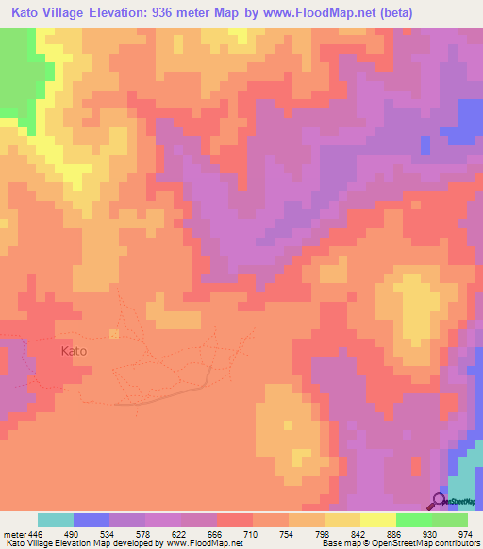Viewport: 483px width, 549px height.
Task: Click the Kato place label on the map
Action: [74, 351]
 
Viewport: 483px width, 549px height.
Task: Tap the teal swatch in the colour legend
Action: [56, 520]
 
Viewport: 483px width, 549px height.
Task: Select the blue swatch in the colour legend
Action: [92, 520]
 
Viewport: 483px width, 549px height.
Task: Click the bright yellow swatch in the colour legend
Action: [378, 520]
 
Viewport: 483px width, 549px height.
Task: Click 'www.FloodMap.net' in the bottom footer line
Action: [203, 543]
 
